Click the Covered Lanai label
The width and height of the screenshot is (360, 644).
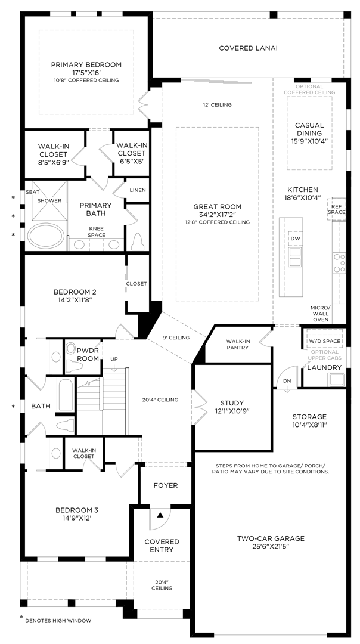point(248,48)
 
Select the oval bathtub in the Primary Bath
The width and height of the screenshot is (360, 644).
point(45,235)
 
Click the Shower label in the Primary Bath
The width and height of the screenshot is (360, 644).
point(49,200)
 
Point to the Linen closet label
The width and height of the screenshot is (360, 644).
point(137,190)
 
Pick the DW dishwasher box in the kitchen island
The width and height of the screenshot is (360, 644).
point(294,239)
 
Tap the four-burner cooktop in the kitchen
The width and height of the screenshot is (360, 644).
point(339,263)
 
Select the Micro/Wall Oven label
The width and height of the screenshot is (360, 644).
point(319,314)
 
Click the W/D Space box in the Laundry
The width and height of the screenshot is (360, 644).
point(324,342)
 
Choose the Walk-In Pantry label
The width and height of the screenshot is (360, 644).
point(238,345)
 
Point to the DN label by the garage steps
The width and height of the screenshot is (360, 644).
point(287,380)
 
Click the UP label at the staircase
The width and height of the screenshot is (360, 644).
point(114,359)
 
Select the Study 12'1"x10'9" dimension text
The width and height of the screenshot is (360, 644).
point(232,411)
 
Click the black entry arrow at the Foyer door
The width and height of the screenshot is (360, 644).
point(160,514)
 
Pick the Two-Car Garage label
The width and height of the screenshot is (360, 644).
point(271,538)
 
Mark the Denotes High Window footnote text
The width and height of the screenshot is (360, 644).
point(58,620)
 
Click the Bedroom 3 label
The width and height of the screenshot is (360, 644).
point(76,510)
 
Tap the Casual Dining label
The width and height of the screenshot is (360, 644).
point(309,129)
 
